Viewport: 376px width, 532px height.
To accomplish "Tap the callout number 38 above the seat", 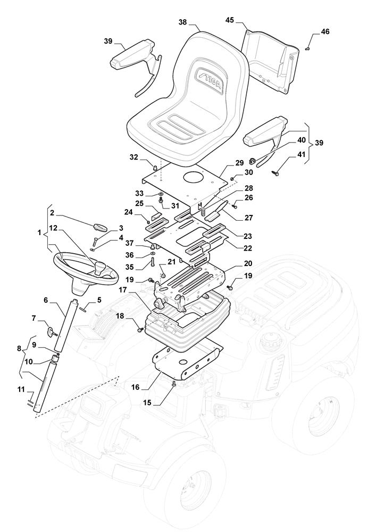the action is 183,22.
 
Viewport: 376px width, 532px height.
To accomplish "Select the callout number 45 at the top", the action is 230,20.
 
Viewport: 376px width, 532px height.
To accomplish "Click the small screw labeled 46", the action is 308,48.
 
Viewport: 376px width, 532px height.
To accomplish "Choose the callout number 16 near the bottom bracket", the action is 135,387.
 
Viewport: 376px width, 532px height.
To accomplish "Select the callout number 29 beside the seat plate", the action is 240,163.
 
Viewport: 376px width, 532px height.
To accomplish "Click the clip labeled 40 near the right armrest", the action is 252,160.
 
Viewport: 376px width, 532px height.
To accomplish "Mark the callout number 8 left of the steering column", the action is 20,348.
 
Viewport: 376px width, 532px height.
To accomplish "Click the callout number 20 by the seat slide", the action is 248,263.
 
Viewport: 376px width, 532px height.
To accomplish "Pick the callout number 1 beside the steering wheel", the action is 40,233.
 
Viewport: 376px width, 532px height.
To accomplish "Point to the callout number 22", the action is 248,248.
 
